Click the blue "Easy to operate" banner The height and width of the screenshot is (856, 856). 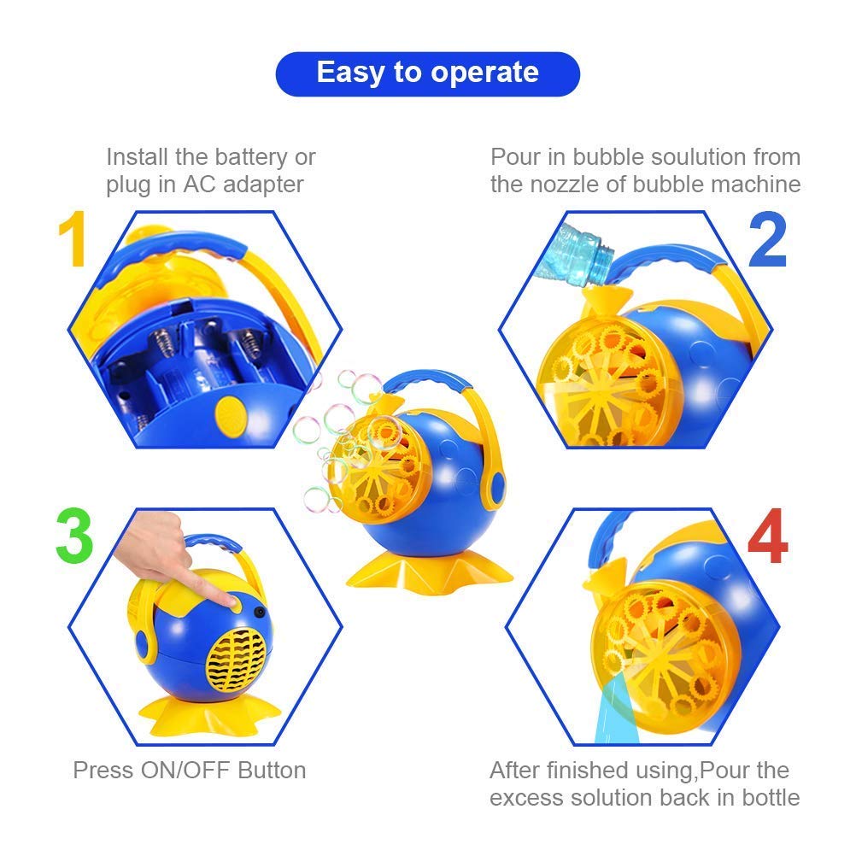click(x=427, y=73)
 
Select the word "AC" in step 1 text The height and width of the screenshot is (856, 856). click(x=196, y=185)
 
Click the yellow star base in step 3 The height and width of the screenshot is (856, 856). click(x=191, y=712)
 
